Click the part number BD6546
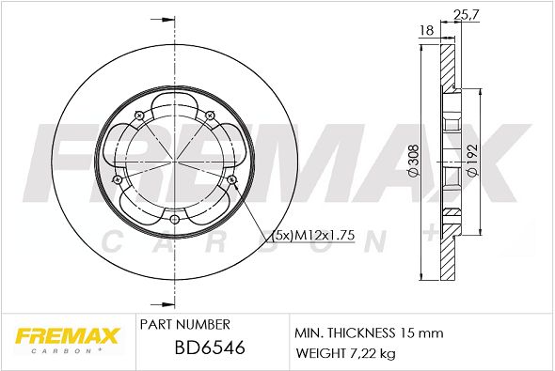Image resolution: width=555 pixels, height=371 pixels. pyautogui.click(x=210, y=348)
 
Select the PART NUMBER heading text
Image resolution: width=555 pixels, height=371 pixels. pyautogui.click(x=184, y=324)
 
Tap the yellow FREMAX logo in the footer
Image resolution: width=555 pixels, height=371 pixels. pyautogui.click(x=67, y=336)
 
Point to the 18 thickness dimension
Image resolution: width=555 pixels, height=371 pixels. pyautogui.click(x=426, y=30)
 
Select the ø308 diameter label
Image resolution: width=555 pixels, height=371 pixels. pyautogui.click(x=413, y=161)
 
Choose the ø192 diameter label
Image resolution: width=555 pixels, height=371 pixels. pyautogui.click(x=472, y=161)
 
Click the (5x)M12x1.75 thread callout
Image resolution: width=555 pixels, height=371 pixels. pyautogui.click(x=313, y=235)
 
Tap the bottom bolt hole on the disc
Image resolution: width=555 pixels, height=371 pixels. pyautogui.click(x=175, y=220)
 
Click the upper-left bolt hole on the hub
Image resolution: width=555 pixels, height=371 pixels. pyautogui.click(x=139, y=116)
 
